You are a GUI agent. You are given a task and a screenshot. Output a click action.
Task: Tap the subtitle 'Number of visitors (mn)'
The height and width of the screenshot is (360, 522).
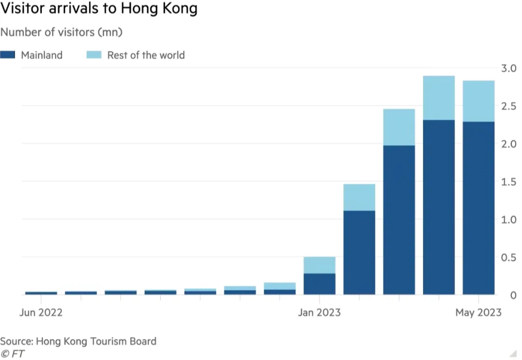pos(61,33)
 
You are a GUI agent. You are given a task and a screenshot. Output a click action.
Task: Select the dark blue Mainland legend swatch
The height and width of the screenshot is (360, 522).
pos(8,55)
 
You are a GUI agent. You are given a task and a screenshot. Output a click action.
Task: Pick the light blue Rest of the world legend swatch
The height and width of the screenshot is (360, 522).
pos(94,55)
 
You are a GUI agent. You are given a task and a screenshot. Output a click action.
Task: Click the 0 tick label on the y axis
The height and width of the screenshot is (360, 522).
pos(513,295)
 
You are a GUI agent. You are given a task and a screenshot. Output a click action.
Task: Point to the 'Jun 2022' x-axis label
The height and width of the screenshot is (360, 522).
pos(41,312)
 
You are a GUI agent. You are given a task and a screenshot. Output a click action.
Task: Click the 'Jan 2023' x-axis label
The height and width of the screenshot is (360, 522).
pos(320,312)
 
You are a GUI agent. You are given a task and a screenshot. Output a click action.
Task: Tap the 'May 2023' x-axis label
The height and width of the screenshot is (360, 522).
pos(478,312)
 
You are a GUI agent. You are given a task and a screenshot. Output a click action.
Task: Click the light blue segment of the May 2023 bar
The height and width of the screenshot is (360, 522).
pos(478,101)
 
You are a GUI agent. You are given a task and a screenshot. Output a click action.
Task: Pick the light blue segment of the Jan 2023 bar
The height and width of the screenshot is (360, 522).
pos(320,265)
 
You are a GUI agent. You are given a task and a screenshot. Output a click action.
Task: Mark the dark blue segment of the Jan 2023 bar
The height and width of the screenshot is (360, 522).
pos(320,284)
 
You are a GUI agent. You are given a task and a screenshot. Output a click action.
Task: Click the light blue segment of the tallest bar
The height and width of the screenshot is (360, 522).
pos(438,98)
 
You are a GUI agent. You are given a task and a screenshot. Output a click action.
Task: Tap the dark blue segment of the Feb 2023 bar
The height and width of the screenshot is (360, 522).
pos(359,252)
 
